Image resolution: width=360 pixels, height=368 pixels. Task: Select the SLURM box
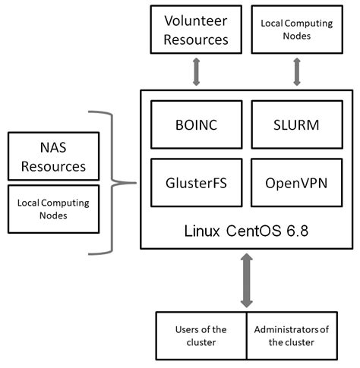(x=296, y=123)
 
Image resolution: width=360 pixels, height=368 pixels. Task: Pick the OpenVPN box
(x=296, y=183)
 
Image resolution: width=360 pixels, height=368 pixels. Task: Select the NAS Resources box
(x=53, y=156)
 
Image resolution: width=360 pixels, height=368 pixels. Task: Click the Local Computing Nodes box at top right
(x=296, y=29)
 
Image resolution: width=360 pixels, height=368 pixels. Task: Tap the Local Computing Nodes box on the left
(x=53, y=209)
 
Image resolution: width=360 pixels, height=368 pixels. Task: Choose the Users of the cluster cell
(x=201, y=335)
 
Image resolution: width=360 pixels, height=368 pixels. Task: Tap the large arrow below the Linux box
(x=246, y=281)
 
